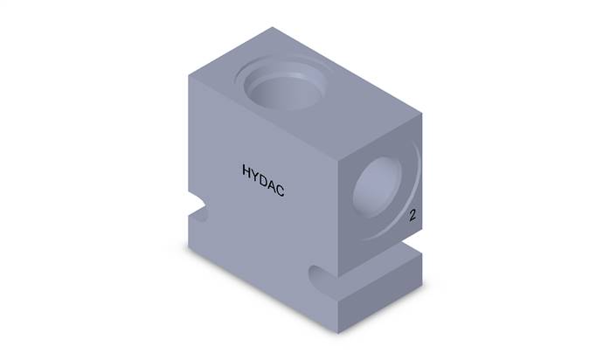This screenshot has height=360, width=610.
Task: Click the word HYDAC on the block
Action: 263,180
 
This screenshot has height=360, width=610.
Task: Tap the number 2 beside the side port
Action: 412,215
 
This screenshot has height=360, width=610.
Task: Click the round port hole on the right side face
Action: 378,188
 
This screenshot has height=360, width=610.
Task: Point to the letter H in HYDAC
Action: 246,170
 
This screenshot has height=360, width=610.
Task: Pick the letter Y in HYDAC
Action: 255,176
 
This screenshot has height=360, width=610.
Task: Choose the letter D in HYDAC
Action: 262,180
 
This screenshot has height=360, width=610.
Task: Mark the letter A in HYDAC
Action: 271,185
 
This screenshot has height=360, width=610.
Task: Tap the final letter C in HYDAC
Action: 281,190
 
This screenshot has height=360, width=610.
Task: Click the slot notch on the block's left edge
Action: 198,208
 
